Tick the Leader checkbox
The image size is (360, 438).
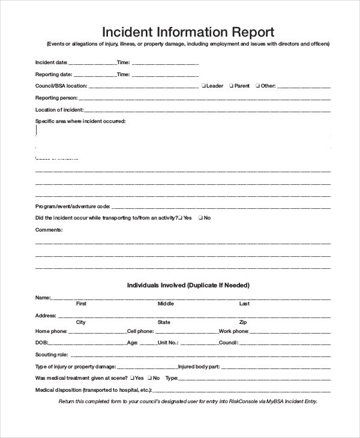(x=204, y=86)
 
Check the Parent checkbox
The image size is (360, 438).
(x=231, y=86)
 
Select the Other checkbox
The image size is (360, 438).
(x=257, y=86)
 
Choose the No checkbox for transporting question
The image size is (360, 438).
(x=200, y=218)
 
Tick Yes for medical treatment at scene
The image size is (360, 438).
(x=131, y=379)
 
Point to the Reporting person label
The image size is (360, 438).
(x=56, y=98)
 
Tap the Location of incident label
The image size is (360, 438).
(x=59, y=110)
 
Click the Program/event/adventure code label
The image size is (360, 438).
(x=73, y=206)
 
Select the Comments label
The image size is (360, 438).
(x=49, y=230)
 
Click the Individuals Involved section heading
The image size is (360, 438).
(x=188, y=285)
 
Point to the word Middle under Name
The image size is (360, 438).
(x=166, y=304)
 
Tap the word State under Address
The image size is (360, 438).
(x=164, y=322)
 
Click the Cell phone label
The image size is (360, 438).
(x=140, y=331)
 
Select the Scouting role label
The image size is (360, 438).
(x=52, y=355)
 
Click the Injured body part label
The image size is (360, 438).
(x=199, y=367)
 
